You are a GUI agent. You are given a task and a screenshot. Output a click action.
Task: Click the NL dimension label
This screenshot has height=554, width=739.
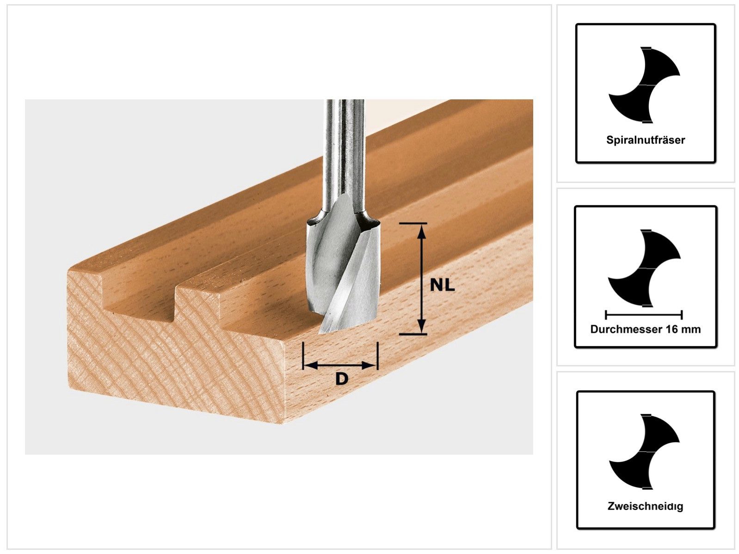[x=442, y=285]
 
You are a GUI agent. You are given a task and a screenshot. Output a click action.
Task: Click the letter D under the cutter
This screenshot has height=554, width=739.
[x=341, y=379]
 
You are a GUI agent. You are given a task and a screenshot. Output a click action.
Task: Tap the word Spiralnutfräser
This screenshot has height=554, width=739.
[x=645, y=140]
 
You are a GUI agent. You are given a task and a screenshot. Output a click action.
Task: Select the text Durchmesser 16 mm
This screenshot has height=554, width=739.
[x=645, y=329]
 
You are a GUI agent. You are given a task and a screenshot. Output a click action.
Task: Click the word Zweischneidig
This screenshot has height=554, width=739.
[x=645, y=506]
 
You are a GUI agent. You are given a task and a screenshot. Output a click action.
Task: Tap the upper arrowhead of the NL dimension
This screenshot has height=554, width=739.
[x=421, y=231]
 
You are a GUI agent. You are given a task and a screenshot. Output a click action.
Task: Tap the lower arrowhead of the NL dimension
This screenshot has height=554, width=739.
[x=421, y=326]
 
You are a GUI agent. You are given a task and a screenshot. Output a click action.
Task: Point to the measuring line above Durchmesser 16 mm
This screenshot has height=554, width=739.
[x=644, y=315]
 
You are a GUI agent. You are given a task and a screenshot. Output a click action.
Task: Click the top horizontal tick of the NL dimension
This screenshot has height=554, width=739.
[x=412, y=224]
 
